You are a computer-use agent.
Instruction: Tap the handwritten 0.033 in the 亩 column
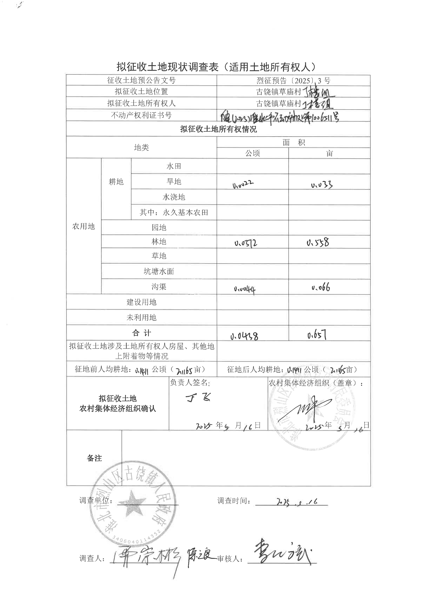click(322, 185)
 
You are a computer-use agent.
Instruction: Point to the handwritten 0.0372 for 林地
click(246, 243)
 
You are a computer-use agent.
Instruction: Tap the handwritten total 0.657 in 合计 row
click(317, 335)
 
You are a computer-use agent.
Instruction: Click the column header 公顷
click(253, 153)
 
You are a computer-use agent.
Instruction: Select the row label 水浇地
click(174, 197)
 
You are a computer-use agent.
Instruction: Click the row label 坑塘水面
click(159, 271)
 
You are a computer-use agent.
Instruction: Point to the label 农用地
click(84, 226)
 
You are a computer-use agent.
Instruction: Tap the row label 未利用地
click(141, 318)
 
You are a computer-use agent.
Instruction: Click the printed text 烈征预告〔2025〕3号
click(293, 81)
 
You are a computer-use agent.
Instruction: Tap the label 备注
click(94, 458)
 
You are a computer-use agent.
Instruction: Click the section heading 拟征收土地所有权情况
click(218, 129)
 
